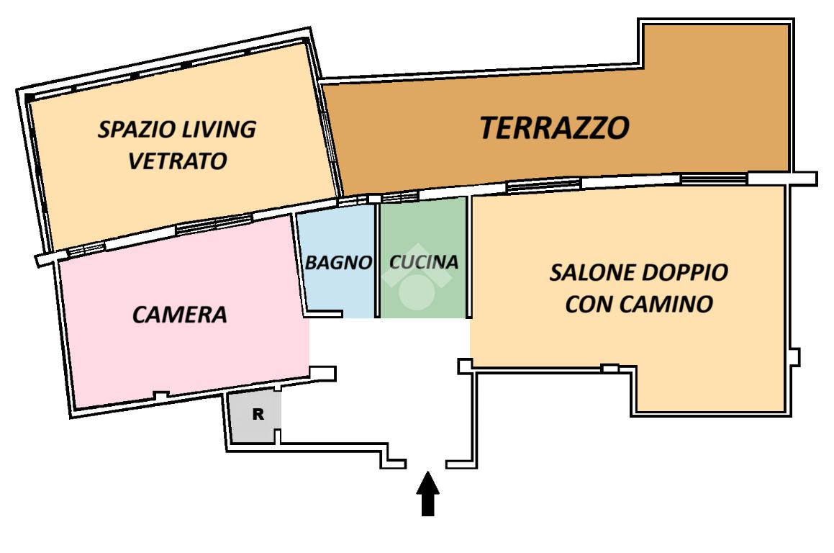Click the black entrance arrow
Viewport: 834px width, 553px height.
click(x=427, y=494)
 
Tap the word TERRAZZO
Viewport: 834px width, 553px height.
click(x=555, y=127)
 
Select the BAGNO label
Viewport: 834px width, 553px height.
click(x=338, y=262)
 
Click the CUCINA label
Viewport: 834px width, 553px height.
click(x=424, y=262)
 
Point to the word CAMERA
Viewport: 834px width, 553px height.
click(x=180, y=315)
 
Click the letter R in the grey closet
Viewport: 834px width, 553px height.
click(x=258, y=414)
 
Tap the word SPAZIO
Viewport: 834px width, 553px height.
click(x=137, y=130)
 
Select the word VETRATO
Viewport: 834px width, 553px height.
click(x=178, y=161)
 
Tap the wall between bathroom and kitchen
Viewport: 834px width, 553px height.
click(x=377, y=260)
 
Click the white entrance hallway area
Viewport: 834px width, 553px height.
click(x=389, y=383)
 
